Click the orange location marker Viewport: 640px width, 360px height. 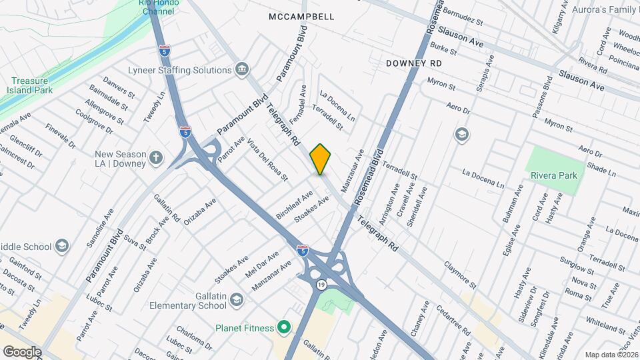click(x=321, y=159)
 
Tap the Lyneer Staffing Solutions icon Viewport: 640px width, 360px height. click(x=242, y=69)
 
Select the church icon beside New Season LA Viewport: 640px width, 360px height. click(x=156, y=158)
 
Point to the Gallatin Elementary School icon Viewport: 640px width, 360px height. click(x=236, y=301)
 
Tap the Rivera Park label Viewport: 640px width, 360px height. click(x=554, y=175)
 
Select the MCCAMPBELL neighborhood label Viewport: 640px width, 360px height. click(x=301, y=16)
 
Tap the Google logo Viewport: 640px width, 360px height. click(x=22, y=351)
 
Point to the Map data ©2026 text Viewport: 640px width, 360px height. click(x=611, y=355)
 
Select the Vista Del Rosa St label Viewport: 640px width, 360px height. click(x=267, y=161)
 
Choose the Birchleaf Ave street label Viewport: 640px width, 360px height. click(x=294, y=205)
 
